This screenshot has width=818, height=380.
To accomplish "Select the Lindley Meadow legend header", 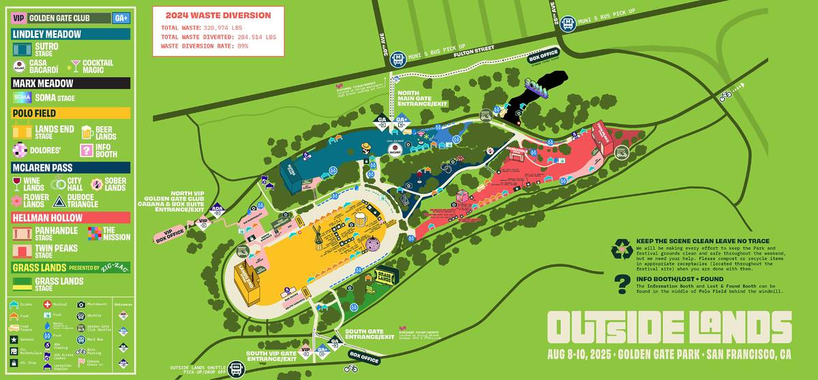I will pos(47,34).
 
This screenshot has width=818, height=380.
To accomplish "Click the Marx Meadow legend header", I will pos(43,83).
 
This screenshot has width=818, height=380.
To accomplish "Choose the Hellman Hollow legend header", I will pos(48,218).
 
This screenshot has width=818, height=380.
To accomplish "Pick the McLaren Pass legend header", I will pos(43,168).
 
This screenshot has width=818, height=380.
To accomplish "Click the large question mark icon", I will pos(621,284).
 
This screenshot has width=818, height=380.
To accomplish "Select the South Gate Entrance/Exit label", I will pos(369,334).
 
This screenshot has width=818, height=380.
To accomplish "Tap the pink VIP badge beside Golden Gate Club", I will pos(19,18).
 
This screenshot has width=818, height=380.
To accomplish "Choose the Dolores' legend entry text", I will pos(48,150).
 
